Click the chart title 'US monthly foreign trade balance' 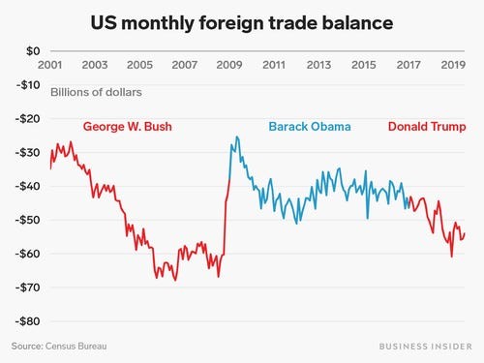241,21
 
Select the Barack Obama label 310,127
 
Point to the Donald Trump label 426,127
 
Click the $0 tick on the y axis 31,50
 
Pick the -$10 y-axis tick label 28,84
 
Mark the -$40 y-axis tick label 28,186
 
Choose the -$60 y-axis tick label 28,254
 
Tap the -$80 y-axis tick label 28,321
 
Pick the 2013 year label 318,66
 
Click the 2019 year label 452,66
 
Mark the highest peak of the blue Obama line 235,137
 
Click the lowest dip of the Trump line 452,256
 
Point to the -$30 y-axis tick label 28,152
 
